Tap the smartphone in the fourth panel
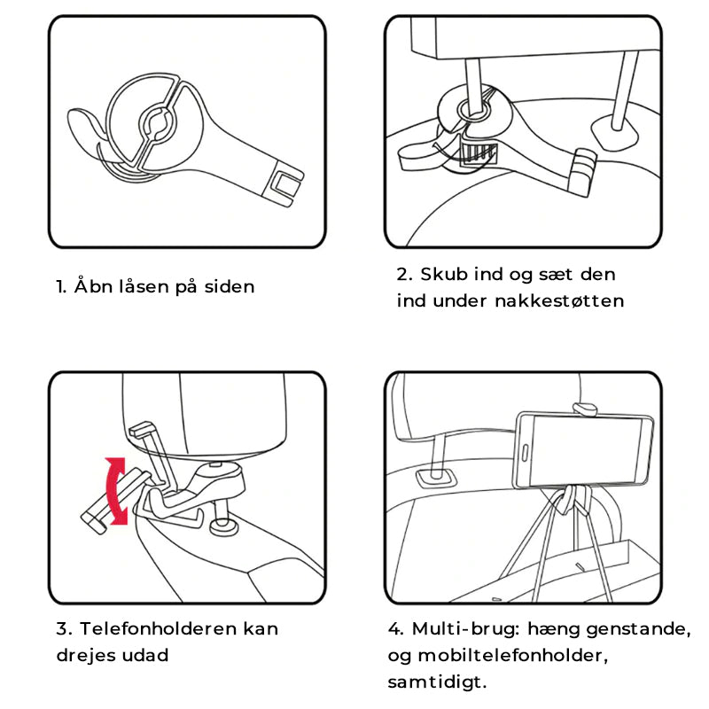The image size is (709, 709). click(x=584, y=450)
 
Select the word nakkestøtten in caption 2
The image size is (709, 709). click(x=559, y=300)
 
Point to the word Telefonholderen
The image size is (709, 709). click(x=159, y=628)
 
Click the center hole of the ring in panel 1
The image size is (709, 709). click(x=156, y=122)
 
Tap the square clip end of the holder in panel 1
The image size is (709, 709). click(x=284, y=185)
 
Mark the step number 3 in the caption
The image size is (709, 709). click(x=64, y=629)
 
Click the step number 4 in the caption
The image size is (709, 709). click(x=395, y=629)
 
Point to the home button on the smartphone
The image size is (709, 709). click(x=525, y=453)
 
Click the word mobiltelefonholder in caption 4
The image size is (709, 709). click(x=512, y=656)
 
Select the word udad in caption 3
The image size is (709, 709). click(x=149, y=655)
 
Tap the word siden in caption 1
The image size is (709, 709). click(x=230, y=286)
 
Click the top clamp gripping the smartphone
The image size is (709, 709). click(x=586, y=409)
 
